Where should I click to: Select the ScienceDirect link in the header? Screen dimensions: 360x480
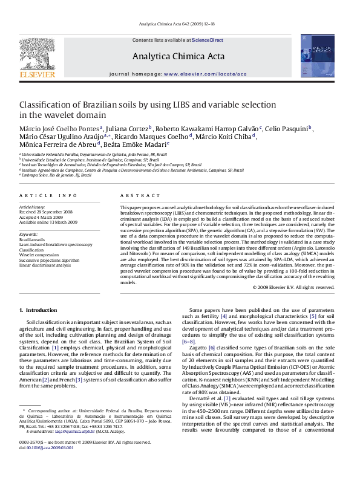pos(208,40)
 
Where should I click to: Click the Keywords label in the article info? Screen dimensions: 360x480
pos(29,233)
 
